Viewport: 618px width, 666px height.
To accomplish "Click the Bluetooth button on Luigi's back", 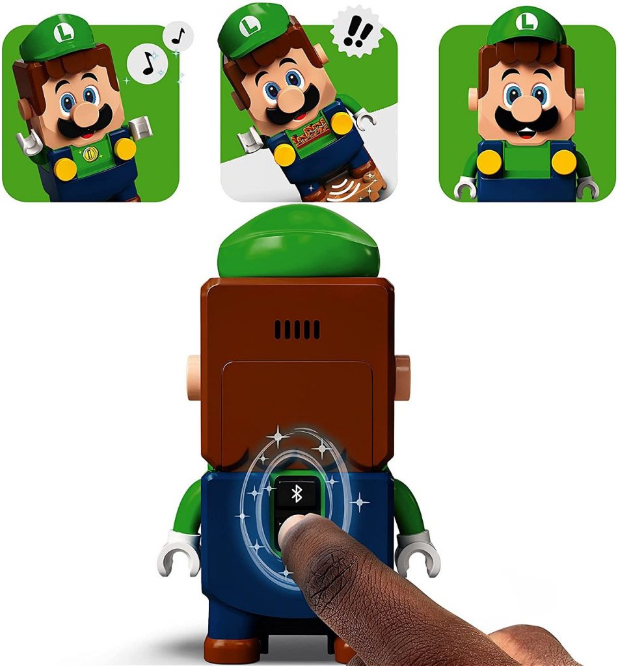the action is tap(297, 493).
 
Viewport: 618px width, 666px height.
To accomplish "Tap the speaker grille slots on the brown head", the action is tap(297, 329).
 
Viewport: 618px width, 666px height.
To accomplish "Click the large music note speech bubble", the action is tap(148, 64).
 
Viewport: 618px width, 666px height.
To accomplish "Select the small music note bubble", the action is tap(178, 36).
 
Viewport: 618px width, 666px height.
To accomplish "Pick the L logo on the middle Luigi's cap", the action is tap(249, 26).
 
